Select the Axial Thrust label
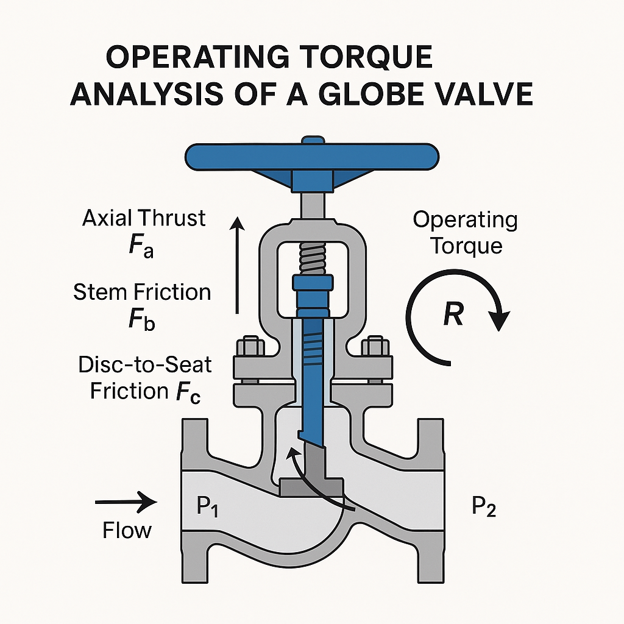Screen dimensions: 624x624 pyautogui.click(x=144, y=218)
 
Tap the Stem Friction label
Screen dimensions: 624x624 pyautogui.click(x=142, y=292)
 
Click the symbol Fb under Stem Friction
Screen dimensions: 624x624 pyautogui.click(x=141, y=321)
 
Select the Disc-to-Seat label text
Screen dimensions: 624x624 pyautogui.click(x=145, y=365)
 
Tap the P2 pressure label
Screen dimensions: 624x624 pyautogui.click(x=484, y=506)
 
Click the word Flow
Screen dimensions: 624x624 pyautogui.click(x=127, y=530)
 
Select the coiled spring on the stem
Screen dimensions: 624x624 pyautogui.click(x=312, y=258)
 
